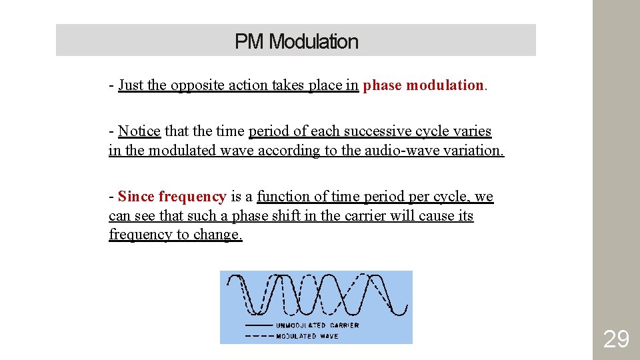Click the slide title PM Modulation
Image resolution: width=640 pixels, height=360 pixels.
[x=296, y=41]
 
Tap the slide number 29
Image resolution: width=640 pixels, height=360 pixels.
[x=615, y=339]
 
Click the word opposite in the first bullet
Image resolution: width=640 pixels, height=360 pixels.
[x=199, y=85]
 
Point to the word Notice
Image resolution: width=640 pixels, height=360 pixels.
[x=139, y=131]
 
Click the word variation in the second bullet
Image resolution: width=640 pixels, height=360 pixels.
[x=471, y=150]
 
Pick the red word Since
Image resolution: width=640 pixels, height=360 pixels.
[x=137, y=196]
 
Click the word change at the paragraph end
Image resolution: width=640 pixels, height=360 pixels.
[x=219, y=235]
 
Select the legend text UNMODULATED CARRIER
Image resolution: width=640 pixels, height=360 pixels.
[x=317, y=325]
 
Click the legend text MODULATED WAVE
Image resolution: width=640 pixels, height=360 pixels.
[x=307, y=336]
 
